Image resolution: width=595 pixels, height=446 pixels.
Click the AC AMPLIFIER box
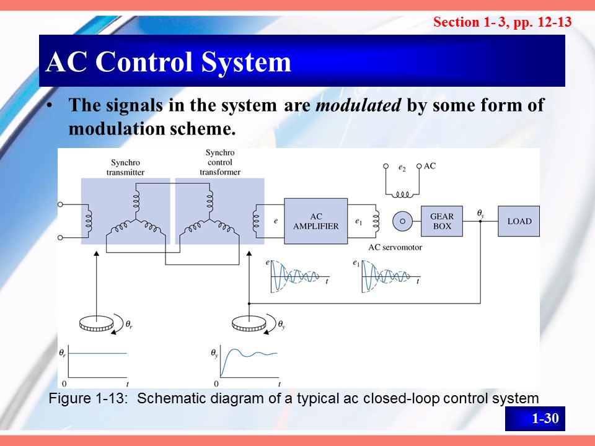click(315, 221)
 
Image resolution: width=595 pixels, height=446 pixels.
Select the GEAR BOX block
click(442, 221)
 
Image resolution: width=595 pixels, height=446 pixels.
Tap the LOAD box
click(519, 221)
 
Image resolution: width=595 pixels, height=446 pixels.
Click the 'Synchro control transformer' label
click(219, 162)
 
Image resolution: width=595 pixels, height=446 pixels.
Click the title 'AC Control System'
click(169, 62)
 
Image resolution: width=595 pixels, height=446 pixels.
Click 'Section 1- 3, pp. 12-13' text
click(502, 22)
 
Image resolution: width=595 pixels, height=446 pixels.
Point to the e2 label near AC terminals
click(402, 167)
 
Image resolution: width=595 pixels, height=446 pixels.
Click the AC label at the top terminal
click(430, 166)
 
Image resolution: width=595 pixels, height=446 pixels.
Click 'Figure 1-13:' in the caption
click(89, 398)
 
